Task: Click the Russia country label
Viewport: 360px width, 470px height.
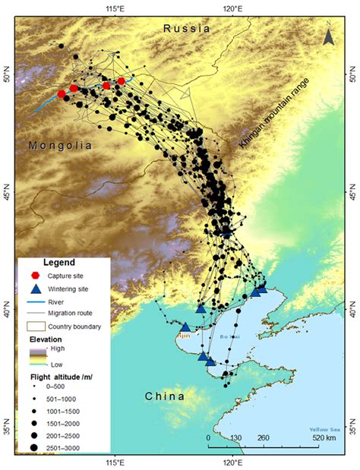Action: [186, 29]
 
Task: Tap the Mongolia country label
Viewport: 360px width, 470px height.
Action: [59, 144]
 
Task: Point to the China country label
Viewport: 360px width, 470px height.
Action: [165, 396]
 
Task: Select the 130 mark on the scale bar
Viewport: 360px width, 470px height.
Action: [235, 438]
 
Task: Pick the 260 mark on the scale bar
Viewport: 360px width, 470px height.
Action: [263, 438]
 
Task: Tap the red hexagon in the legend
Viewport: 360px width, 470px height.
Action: [33, 275]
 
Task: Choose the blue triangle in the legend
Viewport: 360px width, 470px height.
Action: [33, 289]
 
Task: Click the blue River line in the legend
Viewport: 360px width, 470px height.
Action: [33, 302]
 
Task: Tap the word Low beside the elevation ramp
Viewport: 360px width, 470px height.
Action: [56, 365]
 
